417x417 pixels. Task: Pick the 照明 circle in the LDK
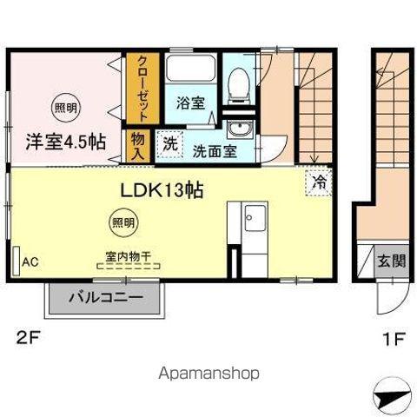[122, 223]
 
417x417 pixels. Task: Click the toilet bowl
[236, 84]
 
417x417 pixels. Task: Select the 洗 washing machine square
[170, 143]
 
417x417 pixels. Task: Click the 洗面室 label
[214, 149]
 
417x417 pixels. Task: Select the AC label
[30, 260]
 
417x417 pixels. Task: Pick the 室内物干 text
[129, 256]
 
